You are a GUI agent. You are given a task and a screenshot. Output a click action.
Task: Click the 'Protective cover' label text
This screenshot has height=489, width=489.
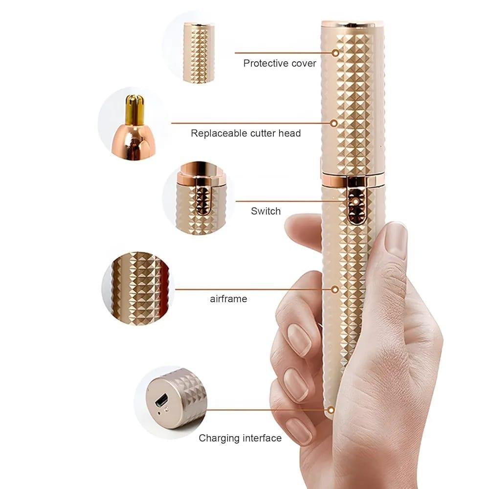280,63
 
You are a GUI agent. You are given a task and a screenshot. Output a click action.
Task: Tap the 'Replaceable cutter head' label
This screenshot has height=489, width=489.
245,133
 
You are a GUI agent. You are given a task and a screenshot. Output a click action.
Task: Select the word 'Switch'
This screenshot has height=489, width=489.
266,211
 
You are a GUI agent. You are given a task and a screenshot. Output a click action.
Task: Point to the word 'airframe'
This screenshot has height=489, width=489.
228,299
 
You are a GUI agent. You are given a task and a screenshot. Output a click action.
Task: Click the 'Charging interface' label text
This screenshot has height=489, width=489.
240,438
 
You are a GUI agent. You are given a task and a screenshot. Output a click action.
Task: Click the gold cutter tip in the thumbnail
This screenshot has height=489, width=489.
131,109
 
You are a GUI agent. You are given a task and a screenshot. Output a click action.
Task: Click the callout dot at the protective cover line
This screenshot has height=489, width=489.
335,53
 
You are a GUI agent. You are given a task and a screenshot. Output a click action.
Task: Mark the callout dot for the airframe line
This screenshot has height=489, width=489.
335,289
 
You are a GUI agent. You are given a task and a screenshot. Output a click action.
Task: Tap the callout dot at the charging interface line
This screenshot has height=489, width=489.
332,410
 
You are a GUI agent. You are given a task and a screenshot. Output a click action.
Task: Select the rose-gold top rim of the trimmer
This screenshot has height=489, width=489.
352,23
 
